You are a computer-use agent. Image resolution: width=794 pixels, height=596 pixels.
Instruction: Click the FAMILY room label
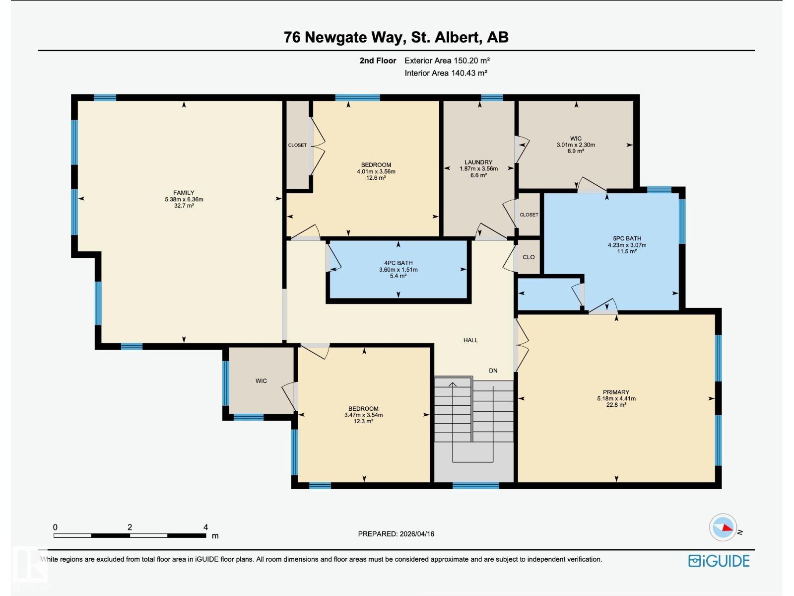point(184,193)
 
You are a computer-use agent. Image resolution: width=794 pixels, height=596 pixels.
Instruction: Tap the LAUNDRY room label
point(478,162)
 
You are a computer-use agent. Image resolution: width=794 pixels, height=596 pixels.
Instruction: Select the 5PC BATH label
point(627,238)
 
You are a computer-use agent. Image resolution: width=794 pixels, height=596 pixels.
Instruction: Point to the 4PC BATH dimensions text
point(398,270)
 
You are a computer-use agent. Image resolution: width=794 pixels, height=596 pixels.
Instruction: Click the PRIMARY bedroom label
point(616,392)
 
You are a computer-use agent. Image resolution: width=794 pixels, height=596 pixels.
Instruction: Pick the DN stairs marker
point(493,371)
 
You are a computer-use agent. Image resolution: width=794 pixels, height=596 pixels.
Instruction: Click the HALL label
point(470,340)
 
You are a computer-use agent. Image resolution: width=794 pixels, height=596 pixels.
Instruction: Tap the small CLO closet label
point(529,257)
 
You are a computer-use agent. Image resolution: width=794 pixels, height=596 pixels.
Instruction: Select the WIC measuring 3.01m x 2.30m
point(576,145)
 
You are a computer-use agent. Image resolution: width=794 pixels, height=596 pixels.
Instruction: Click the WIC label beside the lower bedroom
point(261,381)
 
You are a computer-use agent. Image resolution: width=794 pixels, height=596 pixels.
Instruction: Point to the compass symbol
point(723,527)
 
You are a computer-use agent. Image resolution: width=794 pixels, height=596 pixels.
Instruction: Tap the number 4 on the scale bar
point(205,527)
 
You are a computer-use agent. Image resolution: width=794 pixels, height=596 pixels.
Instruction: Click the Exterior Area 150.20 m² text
point(447,61)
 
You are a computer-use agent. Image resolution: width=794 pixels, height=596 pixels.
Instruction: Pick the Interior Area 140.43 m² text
point(446,73)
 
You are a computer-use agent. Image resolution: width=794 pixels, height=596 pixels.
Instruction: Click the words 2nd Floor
point(378,61)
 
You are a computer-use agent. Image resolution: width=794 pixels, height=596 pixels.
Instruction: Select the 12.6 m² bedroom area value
point(376,178)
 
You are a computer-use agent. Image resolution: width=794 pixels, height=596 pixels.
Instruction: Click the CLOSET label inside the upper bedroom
point(297,145)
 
